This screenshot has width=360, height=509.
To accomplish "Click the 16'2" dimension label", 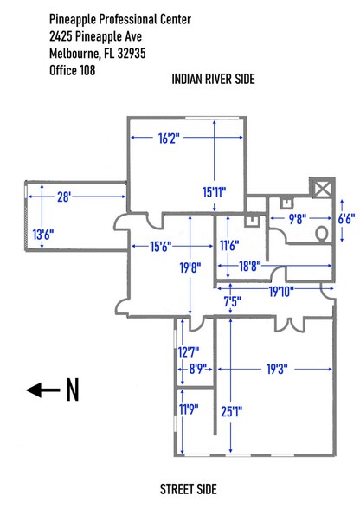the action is point(169,139).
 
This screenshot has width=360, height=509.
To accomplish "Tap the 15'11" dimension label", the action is point(214,192).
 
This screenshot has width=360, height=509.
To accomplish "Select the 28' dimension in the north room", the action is point(64,197).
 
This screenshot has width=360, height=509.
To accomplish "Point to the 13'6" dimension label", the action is point(43,234).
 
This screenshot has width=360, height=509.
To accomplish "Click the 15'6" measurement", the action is point(161,247).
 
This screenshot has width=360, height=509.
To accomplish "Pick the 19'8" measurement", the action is point(190,267).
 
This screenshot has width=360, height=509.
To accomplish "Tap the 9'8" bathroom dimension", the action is point(298,219).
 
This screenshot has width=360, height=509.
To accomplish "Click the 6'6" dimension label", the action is point(346,218).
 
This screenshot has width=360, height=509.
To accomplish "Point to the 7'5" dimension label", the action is point(233,301).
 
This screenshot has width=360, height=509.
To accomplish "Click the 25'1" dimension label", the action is point(231,412).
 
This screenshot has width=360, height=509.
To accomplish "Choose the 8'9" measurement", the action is point(197,369).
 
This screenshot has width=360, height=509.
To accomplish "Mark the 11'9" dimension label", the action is point(189,409).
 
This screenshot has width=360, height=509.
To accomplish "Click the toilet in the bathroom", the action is point(322,233).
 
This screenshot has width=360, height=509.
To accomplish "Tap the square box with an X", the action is point(322,188).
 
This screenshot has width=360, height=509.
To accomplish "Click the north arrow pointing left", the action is point(43,390).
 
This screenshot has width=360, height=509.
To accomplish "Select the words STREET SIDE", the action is point(189,489).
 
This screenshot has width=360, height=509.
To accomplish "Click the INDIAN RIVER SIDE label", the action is point(213,79).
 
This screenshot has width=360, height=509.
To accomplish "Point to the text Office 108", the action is point(73,70).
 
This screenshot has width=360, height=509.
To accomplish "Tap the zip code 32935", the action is point(132,53).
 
